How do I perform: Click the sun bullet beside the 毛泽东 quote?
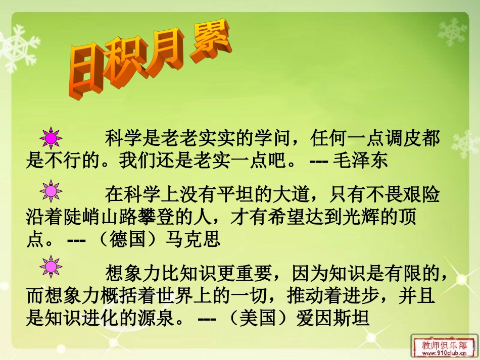pyautogui.click(x=51, y=137)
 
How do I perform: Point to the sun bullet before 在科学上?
pyautogui.click(x=51, y=192)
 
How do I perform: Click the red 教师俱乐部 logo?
pyautogui.click(x=444, y=345)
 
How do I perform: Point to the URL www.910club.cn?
pyautogui.click(x=444, y=354)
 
